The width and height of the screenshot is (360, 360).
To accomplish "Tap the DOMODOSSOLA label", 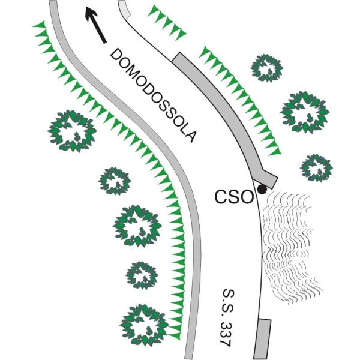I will pos(154,95).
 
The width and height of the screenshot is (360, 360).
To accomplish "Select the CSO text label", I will pos(233,197).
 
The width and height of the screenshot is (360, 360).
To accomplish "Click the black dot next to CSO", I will pos(262,190).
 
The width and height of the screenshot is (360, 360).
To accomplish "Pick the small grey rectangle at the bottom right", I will pos(262,338).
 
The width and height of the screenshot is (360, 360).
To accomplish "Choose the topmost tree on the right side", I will pos(266,68).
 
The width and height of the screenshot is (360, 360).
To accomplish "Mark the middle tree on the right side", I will pos(305,112).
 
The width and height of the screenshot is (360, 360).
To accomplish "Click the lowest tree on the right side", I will pos(316,167).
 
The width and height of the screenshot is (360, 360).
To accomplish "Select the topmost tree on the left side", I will pos(72,130).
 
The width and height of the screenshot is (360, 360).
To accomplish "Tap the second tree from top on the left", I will pos(114,180).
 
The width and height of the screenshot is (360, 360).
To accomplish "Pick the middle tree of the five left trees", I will pos(138,226).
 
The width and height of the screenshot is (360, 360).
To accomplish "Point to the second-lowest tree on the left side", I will pos(142,275).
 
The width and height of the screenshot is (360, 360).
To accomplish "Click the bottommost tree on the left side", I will pos(144,324).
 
